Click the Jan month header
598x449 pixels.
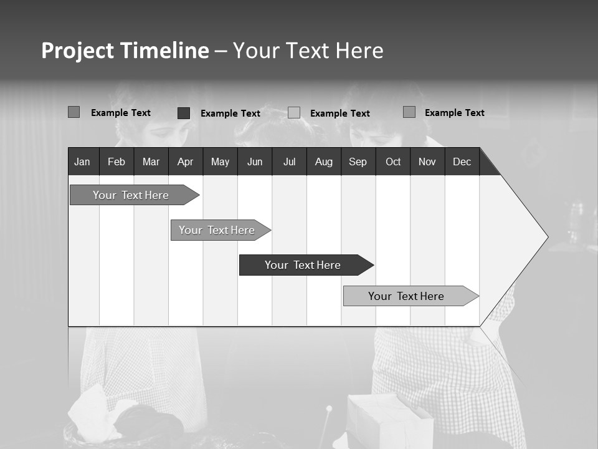(x=82, y=162)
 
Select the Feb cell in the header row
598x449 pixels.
(x=116, y=162)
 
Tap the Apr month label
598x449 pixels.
(x=185, y=162)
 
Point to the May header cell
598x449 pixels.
(x=220, y=162)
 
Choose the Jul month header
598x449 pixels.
(x=289, y=162)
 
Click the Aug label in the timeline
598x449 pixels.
(x=323, y=162)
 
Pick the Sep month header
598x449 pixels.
(x=358, y=162)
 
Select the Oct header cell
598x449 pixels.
(x=393, y=162)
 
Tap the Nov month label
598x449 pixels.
(x=427, y=162)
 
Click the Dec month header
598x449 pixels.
(x=462, y=162)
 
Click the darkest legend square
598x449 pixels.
(x=184, y=113)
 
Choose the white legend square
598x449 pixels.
(x=294, y=113)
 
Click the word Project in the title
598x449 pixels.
(x=78, y=51)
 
